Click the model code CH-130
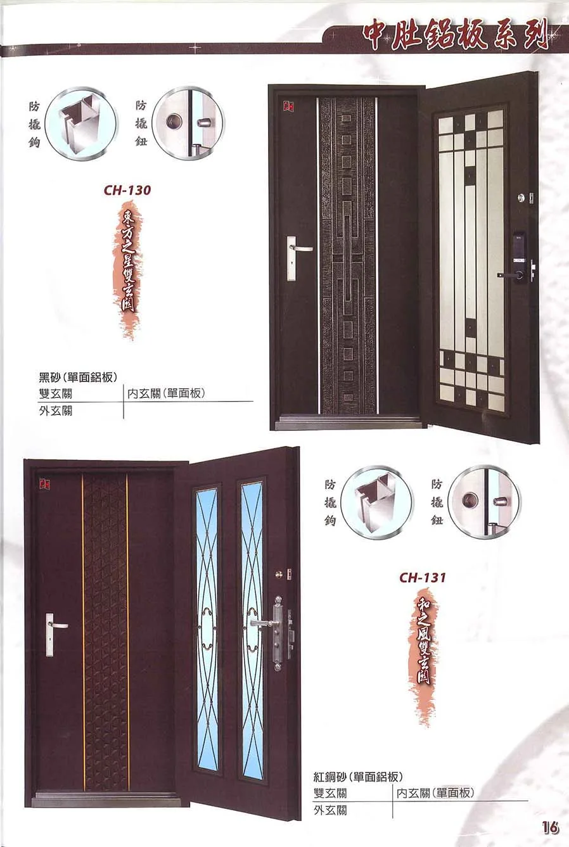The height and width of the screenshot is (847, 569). pos(127,189)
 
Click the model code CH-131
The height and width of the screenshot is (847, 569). pos(423,577)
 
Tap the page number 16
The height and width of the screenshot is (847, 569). pos(550,828)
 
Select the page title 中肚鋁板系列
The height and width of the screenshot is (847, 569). pos(456,37)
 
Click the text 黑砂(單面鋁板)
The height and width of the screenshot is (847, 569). pos(78,377)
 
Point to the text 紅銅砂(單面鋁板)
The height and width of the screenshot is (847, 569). pos(359,777)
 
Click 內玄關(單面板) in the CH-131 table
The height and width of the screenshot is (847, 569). pos(435,793)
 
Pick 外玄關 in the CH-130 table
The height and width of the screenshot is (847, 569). pos(56,411)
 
